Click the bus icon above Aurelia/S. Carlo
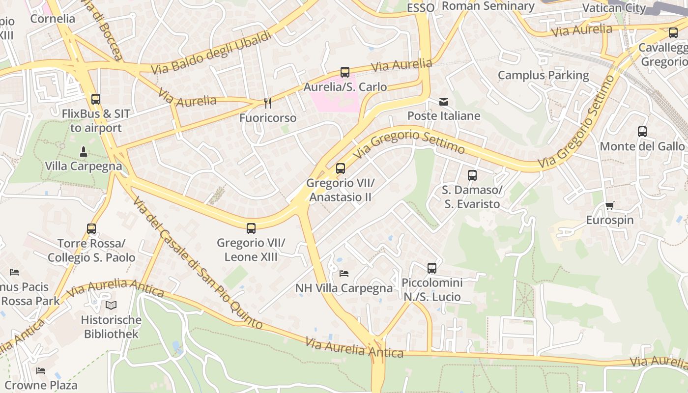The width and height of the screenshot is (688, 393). pos(345,72)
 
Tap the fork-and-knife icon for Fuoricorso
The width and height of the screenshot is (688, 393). pos(268,103)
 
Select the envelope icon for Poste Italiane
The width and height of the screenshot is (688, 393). pos(444,102)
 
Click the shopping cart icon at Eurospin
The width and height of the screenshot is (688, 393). pos(610,205)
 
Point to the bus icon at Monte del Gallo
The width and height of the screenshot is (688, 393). pos(642,132)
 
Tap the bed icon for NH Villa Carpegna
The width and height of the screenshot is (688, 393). pos(344,273)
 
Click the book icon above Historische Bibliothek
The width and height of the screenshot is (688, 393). pos(111,305)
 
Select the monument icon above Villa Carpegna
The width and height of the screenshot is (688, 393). pos(84,151)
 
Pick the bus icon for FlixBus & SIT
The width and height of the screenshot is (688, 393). pos(96,99)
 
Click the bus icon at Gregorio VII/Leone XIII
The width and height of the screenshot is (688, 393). pos(251,228)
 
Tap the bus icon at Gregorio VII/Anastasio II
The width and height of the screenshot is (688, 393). pos(341,168)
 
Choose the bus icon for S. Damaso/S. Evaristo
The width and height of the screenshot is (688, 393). pos(472,175)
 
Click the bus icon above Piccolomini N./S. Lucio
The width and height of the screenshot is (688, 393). pos(432,268)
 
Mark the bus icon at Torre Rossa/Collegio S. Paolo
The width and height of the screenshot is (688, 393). pos(91,229)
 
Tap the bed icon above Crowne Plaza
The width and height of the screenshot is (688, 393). pos(41,370)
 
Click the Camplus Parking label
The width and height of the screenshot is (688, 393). pos(543,75)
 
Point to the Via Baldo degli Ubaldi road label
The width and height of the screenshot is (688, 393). pos(211,53)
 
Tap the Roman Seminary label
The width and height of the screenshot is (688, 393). pos(488,6)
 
